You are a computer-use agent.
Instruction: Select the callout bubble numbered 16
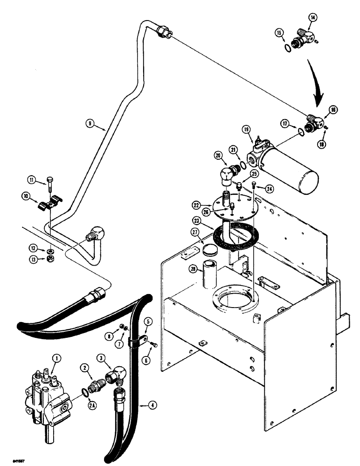coord(333,110)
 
